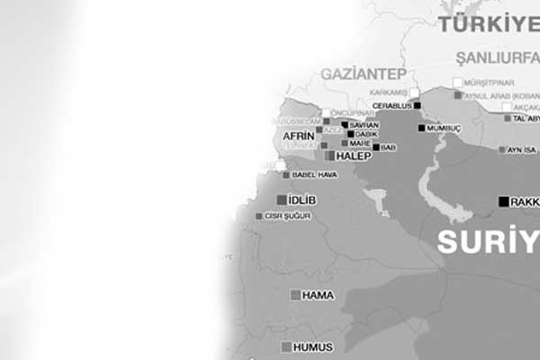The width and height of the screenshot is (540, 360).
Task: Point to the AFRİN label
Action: coord(298,137)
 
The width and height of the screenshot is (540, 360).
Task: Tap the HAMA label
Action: coord(318,295)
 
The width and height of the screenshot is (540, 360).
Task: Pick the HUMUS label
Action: coord(313,347)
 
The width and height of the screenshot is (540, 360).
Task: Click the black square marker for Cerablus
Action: coord(417,105)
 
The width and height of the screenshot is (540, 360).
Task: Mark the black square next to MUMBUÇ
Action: coord(421,128)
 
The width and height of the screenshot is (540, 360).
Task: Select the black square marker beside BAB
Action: coord(376,147)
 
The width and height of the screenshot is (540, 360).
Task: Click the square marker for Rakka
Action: coord(503,202)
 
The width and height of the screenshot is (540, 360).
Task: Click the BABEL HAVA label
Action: coord(315,175)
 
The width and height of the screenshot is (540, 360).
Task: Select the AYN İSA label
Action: coord(522,149)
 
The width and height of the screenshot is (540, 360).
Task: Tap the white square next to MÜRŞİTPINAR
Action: coord(458,83)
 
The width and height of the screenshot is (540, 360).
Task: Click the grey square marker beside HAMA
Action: coord(294,295)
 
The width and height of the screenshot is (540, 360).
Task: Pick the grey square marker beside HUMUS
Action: coord(286,347)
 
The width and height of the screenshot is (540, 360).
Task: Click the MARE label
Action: coord(361,143)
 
